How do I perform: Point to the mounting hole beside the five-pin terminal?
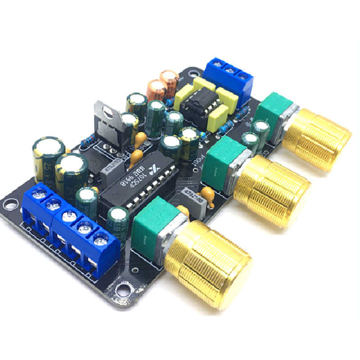click(10, 205)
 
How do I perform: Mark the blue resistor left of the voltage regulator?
click(87, 141)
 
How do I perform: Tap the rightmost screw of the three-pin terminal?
click(243, 76)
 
